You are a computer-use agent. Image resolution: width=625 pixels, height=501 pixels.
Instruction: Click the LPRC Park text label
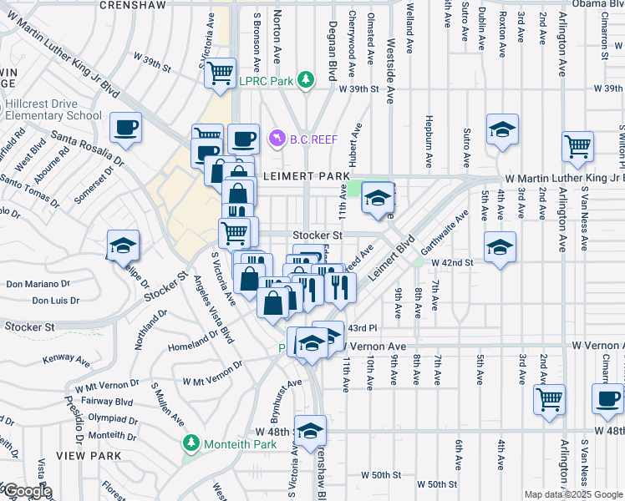pyautogui.click(x=269, y=80)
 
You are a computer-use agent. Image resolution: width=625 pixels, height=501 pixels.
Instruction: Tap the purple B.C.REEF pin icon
pyautogui.click(x=276, y=139)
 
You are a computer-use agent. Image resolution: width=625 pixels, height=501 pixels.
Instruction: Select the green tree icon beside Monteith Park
pyautogui.click(x=192, y=443)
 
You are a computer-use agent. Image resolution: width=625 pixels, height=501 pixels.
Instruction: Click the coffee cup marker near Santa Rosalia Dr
pyautogui.click(x=125, y=128)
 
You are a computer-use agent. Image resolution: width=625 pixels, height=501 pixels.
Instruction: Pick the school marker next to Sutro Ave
pyautogui.click(x=502, y=129)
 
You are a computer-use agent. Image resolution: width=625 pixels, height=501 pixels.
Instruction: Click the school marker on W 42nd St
pyautogui.click(x=500, y=247)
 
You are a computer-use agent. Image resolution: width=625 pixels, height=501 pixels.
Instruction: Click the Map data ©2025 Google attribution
pyautogui.click(x=572, y=494)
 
